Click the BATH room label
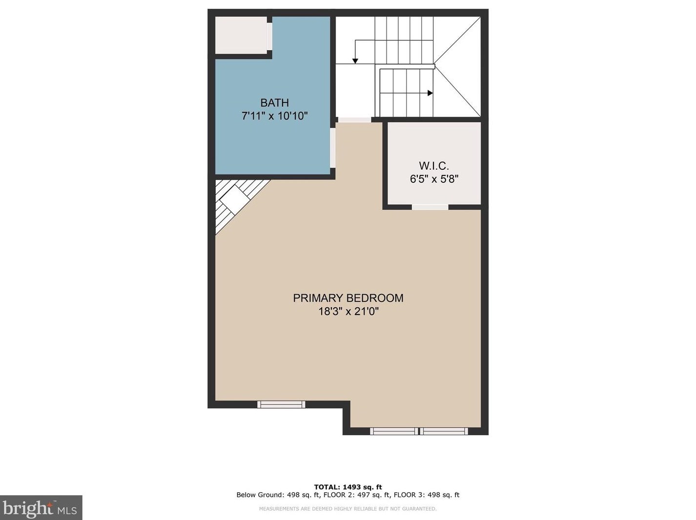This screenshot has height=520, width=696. tap(274, 103)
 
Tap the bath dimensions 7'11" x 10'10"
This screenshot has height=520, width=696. tap(274, 116)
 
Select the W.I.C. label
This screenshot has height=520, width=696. tap(433, 166)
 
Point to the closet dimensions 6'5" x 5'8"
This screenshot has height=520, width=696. tap(434, 179)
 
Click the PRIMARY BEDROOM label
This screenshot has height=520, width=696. tap(348, 298)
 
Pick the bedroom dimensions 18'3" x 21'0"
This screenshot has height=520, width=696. tap(348, 311)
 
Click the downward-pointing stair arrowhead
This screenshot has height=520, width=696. tap(355, 61)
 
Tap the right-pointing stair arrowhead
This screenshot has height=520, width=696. tap(430, 93)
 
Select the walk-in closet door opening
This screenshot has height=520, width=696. tap(430, 207)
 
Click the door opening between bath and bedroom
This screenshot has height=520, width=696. tap(333, 148)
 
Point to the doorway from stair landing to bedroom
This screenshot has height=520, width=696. tap(355, 120)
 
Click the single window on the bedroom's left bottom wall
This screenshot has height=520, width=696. tap(281, 404)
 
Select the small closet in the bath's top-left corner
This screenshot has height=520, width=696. tap(242, 35)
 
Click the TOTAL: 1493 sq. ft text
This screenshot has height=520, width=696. tap(348, 487)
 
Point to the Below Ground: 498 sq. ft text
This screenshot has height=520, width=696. tap(278, 495)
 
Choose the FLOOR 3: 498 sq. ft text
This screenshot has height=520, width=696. tap(427, 495)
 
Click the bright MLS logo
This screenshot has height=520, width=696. tap(41, 508)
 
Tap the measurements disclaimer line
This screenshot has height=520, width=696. tap(348, 509)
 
